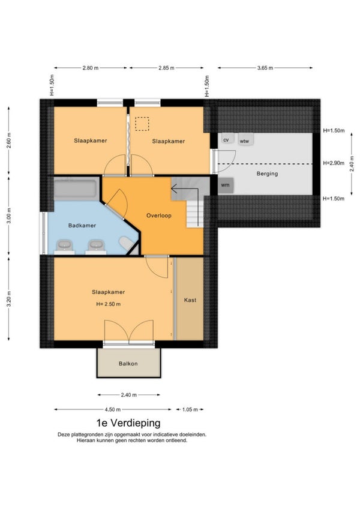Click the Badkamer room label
click(82, 225)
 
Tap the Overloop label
click(159, 215)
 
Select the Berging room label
click(267, 173)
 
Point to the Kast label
click(190, 300)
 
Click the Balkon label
click(128, 364)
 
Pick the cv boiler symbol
click(226, 140)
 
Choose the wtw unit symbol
click(245, 140)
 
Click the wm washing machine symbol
click(225, 185)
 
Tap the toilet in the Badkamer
click(127, 243)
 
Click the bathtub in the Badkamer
click(75, 188)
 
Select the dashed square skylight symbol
click(142, 124)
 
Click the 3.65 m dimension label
click(265, 68)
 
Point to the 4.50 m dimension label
click(112, 410)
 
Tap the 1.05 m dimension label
click(190, 410)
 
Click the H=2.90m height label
click(334, 163)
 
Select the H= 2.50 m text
click(109, 304)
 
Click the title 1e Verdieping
click(128, 423)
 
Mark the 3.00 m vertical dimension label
click(9, 215)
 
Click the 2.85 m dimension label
click(166, 68)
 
